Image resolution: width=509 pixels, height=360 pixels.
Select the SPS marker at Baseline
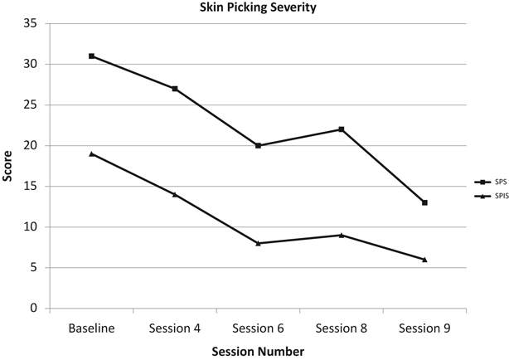pyautogui.click(x=91, y=56)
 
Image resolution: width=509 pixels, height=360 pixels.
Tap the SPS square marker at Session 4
pyautogui.click(x=175, y=89)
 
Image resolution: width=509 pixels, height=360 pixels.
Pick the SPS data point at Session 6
pyautogui.click(x=258, y=145)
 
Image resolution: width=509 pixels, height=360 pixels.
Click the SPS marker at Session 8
pyautogui.click(x=341, y=129)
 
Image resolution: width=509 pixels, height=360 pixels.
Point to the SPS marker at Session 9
pyautogui.click(x=424, y=202)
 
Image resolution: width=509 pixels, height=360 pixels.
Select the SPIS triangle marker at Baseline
pyautogui.click(x=91, y=153)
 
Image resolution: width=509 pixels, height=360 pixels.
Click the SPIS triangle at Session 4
pyautogui.click(x=175, y=194)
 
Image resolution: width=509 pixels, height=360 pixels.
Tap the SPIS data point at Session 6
pyautogui.click(x=258, y=243)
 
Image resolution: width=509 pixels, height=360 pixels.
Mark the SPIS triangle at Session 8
pyautogui.click(x=341, y=235)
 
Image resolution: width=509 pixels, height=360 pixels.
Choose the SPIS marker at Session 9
pyautogui.click(x=424, y=260)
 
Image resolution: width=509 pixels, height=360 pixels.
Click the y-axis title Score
pyautogui.click(x=9, y=166)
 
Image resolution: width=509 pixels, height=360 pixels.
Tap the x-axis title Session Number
pyautogui.click(x=258, y=351)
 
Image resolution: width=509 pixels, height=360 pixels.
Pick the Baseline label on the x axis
pyautogui.click(x=91, y=328)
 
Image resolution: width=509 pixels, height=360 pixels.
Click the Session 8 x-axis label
pyautogui.click(x=341, y=328)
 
